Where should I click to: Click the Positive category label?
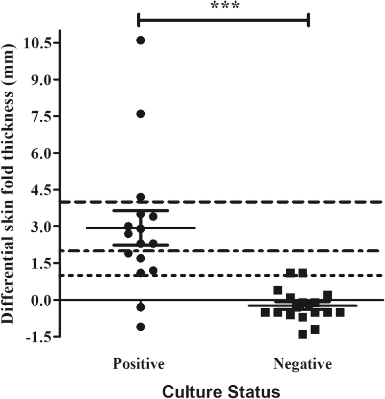pos(139,364)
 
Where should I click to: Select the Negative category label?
pos(303,364)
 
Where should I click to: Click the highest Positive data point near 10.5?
pos(141,40)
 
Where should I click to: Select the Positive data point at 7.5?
pos(141,114)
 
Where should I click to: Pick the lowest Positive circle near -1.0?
pos(141,327)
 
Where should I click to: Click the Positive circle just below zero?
pos(141,307)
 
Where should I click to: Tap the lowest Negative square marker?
pos(303,334)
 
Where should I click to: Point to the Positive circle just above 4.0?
pos(141,197)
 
